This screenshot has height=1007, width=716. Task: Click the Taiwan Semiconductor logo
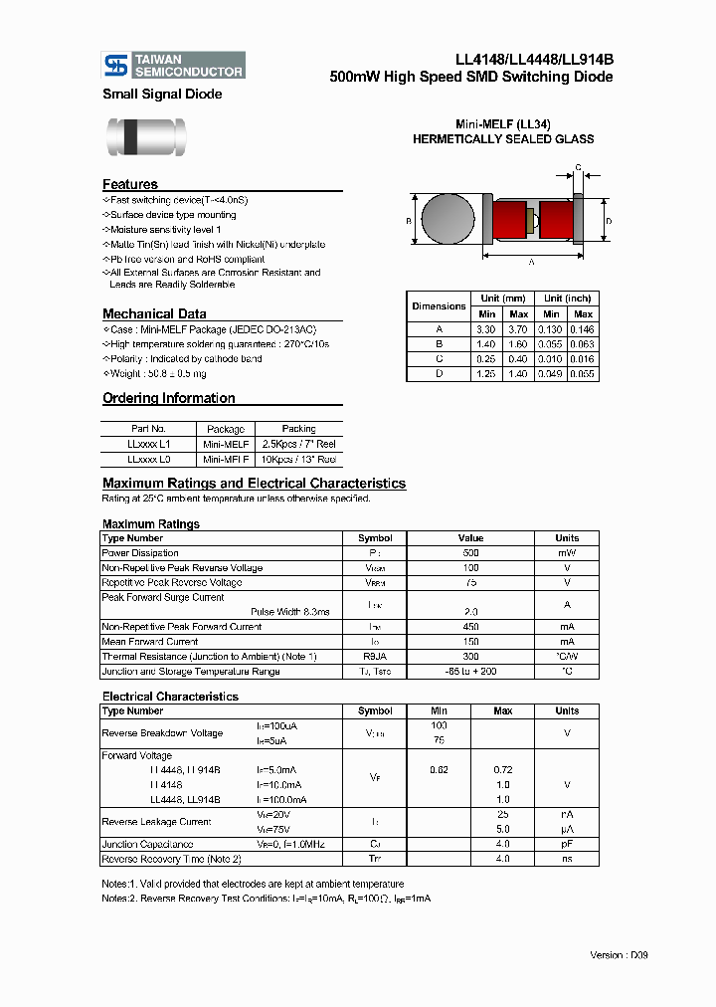pyautogui.click(x=174, y=66)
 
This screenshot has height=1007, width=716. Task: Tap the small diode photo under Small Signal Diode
pyautogui.click(x=145, y=136)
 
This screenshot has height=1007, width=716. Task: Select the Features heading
pyautogui.click(x=130, y=184)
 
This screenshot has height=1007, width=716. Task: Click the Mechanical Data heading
pyautogui.click(x=154, y=313)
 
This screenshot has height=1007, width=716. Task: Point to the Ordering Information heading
pyautogui.click(x=169, y=398)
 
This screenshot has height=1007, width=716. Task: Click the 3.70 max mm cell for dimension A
pyautogui.click(x=518, y=329)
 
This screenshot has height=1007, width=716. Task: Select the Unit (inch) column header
pyautogui.click(x=567, y=299)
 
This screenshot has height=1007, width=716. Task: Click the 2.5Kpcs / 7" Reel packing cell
pyautogui.click(x=298, y=445)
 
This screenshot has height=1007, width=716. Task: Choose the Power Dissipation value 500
pyautogui.click(x=470, y=553)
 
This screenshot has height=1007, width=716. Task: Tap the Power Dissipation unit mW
pyautogui.click(x=567, y=553)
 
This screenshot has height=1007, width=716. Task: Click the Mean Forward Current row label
pyautogui.click(x=150, y=642)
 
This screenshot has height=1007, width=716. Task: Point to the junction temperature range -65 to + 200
pyautogui.click(x=470, y=672)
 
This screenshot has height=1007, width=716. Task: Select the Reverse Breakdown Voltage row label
pyautogui.click(x=162, y=733)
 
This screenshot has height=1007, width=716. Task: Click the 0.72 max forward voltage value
pyautogui.click(x=502, y=770)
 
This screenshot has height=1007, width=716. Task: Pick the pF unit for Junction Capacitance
pyautogui.click(x=567, y=844)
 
